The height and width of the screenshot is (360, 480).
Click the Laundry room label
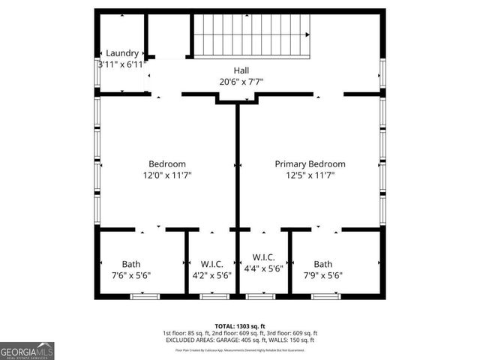[122, 53]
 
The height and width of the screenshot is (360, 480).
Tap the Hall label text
[241, 70]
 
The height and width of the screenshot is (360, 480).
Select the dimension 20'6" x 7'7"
[241, 82]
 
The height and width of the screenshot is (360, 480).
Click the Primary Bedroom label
[310, 164]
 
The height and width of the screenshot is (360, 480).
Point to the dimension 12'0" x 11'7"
[166, 175]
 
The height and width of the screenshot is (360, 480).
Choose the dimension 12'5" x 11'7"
[310, 175]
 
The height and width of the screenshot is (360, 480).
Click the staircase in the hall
[252, 34]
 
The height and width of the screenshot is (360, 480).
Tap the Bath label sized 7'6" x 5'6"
[131, 264]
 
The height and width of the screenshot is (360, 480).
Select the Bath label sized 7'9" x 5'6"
[322, 264]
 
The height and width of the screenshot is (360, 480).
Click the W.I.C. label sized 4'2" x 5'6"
[212, 264]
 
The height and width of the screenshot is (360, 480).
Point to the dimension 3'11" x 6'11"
[122, 65]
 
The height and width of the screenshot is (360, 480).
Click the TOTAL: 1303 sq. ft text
[240, 326]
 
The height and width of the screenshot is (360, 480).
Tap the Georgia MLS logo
[27, 351]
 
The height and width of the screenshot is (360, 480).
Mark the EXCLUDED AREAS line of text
[240, 340]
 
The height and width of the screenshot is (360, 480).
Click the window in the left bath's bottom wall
[145, 297]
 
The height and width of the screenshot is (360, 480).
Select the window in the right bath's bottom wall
[325, 297]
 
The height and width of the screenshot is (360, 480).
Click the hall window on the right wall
[382, 73]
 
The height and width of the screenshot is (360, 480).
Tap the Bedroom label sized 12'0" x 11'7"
[166, 164]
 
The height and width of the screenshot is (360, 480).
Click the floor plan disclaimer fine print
[240, 349]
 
